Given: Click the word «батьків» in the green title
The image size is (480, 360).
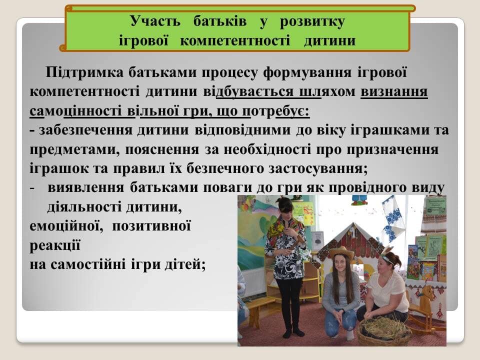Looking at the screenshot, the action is (220, 21).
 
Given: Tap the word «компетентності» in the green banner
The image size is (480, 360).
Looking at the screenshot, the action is (235, 40).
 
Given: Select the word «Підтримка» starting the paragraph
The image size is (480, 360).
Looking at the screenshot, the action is (84, 72).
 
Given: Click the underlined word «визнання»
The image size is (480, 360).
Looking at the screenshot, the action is (394, 91).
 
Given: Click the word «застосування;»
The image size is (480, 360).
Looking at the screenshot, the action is (318, 168).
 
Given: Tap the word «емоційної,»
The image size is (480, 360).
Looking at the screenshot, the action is (66, 226).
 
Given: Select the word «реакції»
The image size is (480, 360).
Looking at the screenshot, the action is (55, 246).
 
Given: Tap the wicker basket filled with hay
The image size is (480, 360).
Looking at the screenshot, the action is (385, 331).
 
